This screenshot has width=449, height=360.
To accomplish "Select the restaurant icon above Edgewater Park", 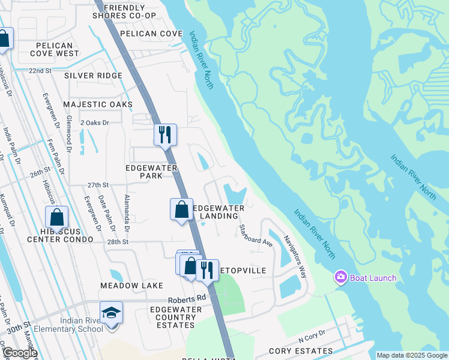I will tap(165, 134).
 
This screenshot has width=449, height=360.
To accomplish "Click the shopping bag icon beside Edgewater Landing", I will tap(181, 209).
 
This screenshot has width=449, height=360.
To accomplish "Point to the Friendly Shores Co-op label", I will tap(129, 11).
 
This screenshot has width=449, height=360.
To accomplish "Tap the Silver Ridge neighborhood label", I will tap(93, 76).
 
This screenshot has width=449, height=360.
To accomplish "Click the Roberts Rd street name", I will tap(187, 297).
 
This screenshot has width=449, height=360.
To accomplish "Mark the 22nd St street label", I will tap(40, 70).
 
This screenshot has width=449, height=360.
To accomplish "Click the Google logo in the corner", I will tap(20, 353).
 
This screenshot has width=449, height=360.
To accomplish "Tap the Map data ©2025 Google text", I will tap(412, 355).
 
